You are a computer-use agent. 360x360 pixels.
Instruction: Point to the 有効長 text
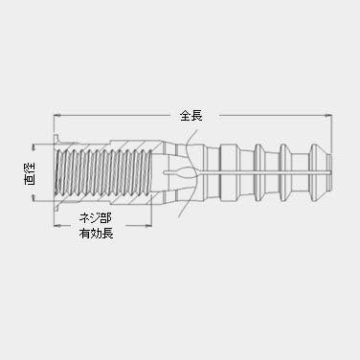coord(95,232)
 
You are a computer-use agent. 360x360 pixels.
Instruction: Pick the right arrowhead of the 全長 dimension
coord(328,116)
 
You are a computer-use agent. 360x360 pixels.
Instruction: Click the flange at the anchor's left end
coord(59,172)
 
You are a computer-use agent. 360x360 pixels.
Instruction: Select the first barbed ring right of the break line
coord(226,172)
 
